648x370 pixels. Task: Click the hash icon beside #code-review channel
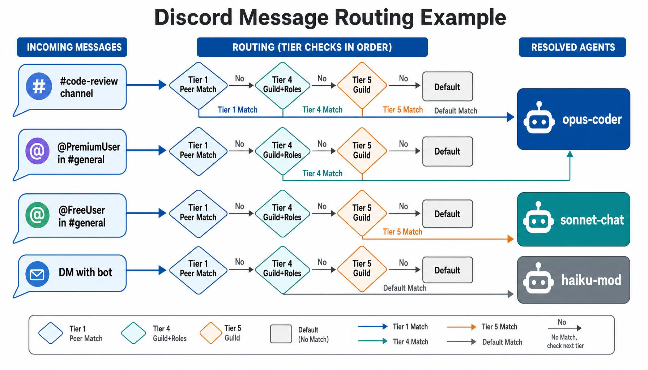pos(39,86)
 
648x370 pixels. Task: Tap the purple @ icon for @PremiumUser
pos(37,151)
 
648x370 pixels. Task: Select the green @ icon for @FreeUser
pos(37,215)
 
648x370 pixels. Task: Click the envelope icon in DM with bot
pos(37,274)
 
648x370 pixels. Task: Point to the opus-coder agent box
pos(574,119)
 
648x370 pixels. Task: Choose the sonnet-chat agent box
pos(574,219)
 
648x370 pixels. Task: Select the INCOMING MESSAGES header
pos(72,47)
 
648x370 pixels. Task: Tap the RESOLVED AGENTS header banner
pos(572,47)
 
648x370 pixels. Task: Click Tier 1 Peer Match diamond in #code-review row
pos(198,85)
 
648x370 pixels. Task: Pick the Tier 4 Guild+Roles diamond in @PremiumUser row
pos(282,151)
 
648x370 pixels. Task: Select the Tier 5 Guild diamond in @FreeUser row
pos(362,213)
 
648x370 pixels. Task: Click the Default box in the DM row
pos(447,270)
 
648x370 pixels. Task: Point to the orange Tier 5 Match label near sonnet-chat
pos(402,232)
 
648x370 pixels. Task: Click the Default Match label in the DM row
pos(405,288)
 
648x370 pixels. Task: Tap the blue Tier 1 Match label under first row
pos(238,110)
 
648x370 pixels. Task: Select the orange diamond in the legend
pos(210,333)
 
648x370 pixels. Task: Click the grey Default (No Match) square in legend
pos(281,334)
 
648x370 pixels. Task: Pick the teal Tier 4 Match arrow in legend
pos(372,341)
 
